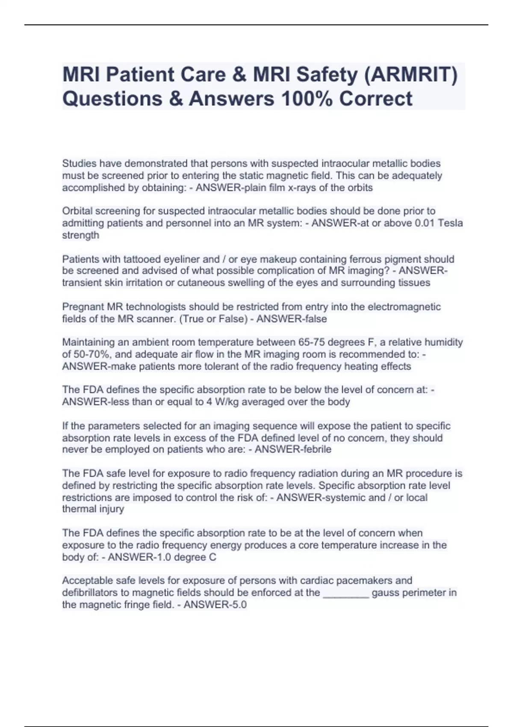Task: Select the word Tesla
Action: tap(451, 223)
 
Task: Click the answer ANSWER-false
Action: tap(292, 319)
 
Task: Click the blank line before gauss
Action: tap(346, 593)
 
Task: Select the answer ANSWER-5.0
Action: tap(215, 605)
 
